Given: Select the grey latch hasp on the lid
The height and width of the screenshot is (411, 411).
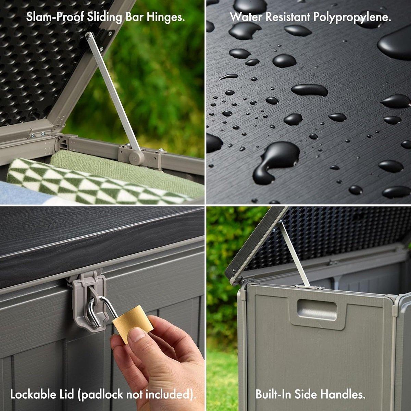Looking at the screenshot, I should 87,295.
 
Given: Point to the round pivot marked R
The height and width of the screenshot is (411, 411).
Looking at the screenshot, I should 134,159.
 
